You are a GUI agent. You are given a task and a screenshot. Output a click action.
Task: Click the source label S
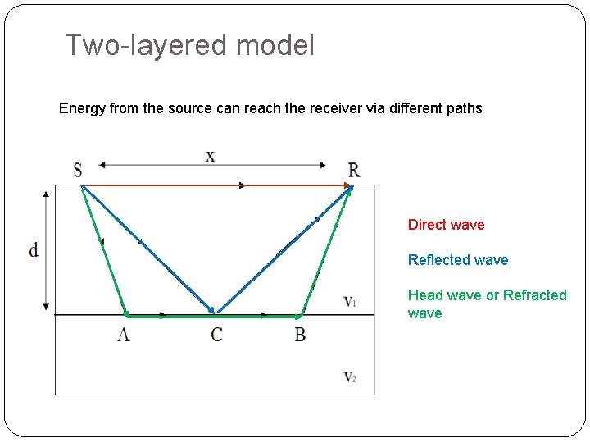click(77, 171)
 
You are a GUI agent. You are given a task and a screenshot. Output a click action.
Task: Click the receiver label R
click(353, 171)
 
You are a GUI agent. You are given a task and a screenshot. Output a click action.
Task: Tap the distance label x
click(211, 156)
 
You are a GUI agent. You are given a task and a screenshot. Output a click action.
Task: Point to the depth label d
click(34, 250)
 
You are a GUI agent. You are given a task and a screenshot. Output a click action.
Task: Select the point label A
click(123, 335)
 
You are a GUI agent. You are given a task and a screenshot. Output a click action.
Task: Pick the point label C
click(216, 335)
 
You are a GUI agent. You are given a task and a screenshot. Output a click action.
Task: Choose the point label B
click(300, 335)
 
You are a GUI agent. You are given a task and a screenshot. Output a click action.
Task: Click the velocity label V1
click(350, 302)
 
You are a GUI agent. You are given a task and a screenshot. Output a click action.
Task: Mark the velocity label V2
click(350, 377)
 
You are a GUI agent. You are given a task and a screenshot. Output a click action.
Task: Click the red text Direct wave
click(446, 225)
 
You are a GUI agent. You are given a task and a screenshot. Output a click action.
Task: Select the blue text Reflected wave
click(458, 260)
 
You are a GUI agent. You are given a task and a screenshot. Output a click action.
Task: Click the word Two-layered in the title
click(146, 45)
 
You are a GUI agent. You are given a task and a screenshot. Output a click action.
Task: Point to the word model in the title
click(275, 45)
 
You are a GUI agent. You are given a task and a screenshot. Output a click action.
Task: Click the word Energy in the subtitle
click(82, 108)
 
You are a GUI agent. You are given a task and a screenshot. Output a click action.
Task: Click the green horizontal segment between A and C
click(168, 315)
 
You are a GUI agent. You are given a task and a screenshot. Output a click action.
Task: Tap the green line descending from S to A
click(104, 250)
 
